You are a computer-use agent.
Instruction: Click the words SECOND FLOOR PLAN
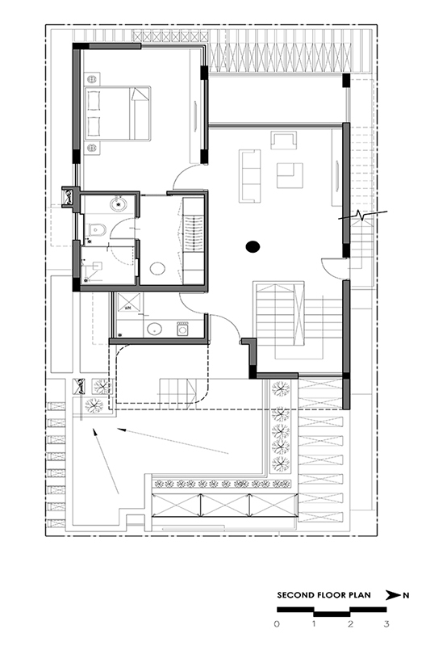click(324, 595)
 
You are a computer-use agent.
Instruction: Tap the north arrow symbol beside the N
click(393, 595)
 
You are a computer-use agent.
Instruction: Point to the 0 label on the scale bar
click(277, 623)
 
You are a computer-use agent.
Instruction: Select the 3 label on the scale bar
click(386, 623)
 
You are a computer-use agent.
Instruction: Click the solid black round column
click(253, 247)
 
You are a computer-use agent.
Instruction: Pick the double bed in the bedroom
click(117, 113)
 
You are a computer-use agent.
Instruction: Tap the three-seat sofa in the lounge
click(250, 176)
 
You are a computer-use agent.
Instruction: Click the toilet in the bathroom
click(98, 229)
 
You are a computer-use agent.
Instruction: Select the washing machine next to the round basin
click(182, 329)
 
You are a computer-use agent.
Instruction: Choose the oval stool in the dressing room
click(157, 269)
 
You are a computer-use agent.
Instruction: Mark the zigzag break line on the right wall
click(362, 215)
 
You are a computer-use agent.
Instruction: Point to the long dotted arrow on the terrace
click(173, 441)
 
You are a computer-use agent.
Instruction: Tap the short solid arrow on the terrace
click(106, 461)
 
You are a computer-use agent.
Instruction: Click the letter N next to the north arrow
click(406, 595)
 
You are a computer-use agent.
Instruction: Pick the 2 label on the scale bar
click(350, 623)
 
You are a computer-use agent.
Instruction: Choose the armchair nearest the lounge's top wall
click(284, 140)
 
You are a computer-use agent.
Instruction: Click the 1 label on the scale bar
click(314, 623)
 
